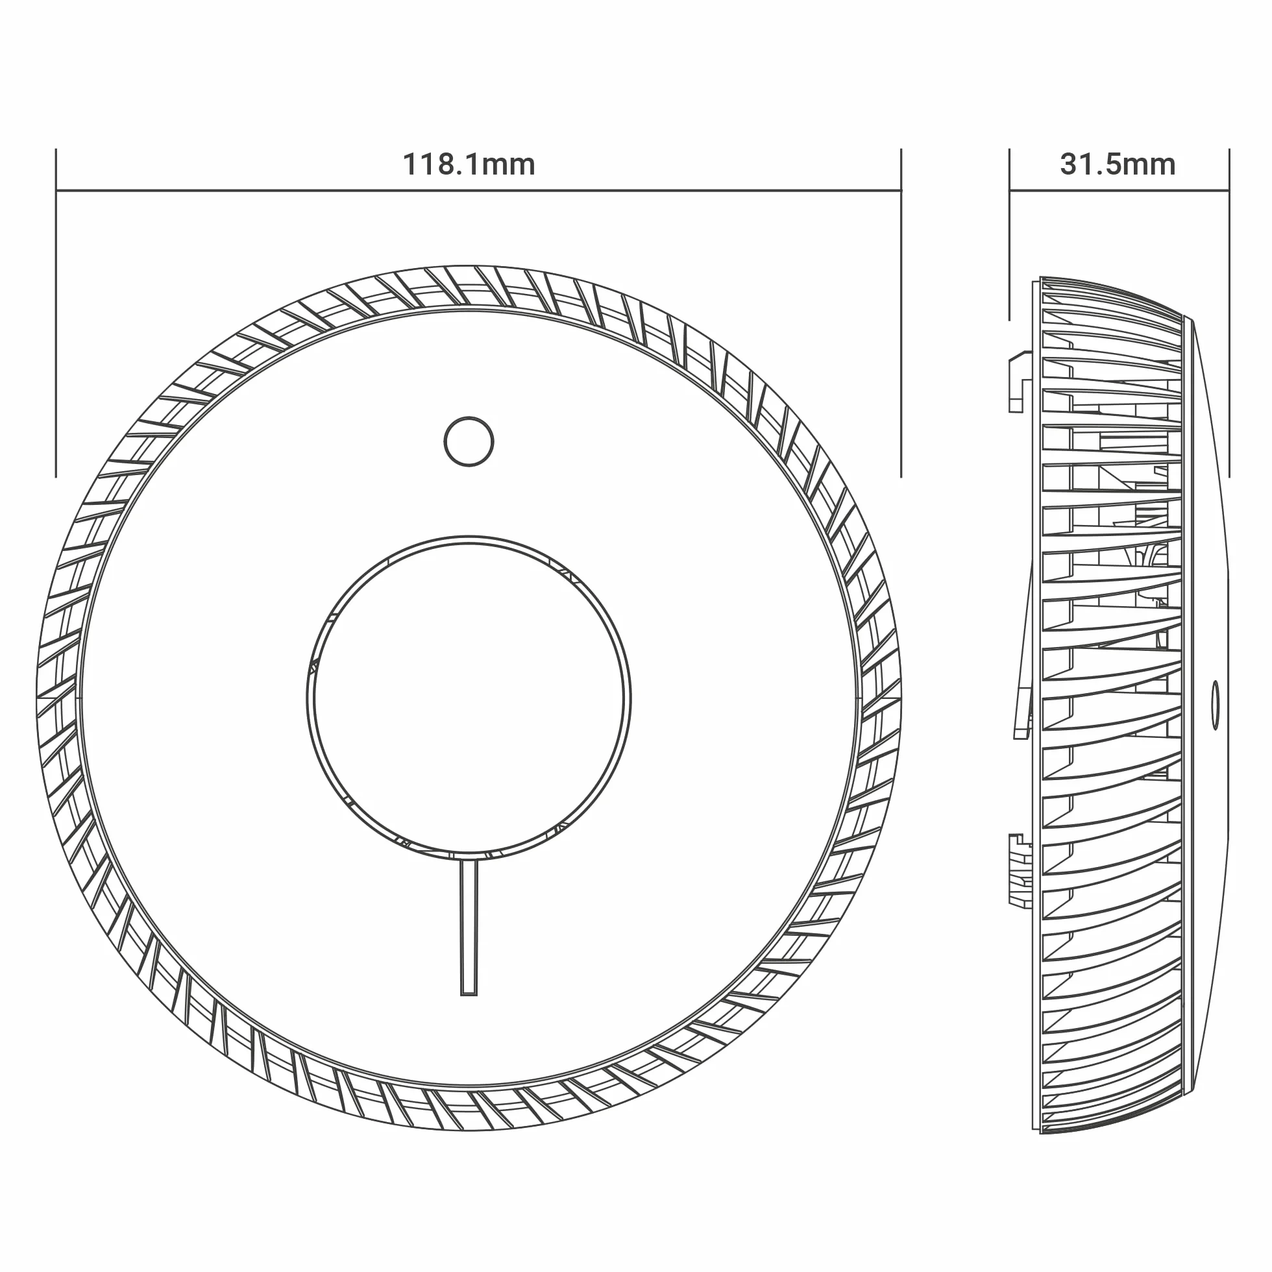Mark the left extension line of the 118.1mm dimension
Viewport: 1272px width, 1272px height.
[x=56, y=313]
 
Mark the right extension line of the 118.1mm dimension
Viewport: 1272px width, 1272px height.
[x=901, y=313]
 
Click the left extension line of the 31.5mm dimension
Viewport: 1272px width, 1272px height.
[x=1009, y=234]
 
